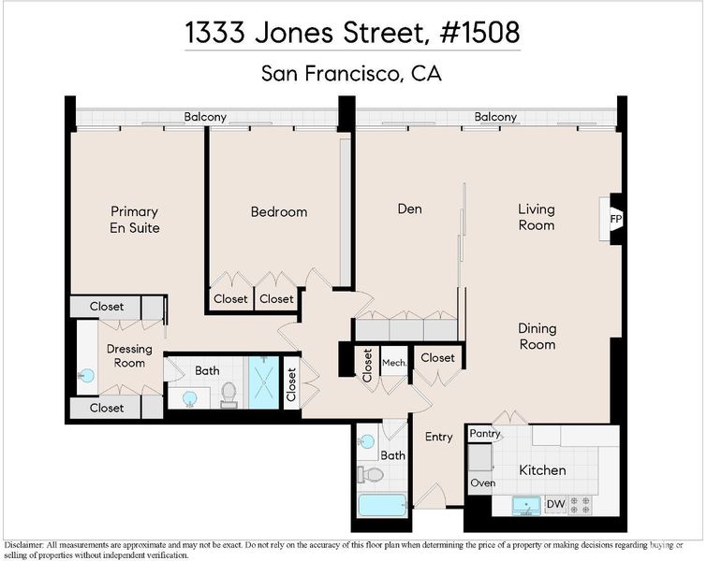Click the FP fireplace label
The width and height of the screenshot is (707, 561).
click(616, 220)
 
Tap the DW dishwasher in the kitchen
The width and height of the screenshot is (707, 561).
click(555, 504)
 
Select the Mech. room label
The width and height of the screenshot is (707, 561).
click(394, 363)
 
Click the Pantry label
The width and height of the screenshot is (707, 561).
click(485, 433)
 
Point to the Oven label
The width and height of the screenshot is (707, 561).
click(482, 482)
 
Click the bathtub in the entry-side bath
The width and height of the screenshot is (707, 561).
click(382, 505)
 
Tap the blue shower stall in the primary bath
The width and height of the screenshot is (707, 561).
click(264, 382)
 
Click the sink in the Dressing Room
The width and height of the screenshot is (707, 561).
click(86, 375)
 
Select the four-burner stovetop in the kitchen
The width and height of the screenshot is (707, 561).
click(580, 505)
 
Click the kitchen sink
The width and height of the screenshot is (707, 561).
click(526, 506)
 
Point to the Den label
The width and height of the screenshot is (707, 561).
click(409, 209)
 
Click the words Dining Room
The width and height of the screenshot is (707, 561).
click(537, 337)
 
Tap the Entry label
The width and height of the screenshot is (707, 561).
click(439, 437)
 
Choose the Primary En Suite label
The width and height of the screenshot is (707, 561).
click(134, 220)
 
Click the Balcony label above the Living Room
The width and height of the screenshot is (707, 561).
click(495, 117)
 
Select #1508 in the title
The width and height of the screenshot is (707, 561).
click(479, 33)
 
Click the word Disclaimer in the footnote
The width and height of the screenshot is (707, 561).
click(23, 545)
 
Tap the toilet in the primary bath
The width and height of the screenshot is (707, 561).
click(228, 395)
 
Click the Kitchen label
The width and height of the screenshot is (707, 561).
click(542, 470)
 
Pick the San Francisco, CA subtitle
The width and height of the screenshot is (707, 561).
click(352, 73)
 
